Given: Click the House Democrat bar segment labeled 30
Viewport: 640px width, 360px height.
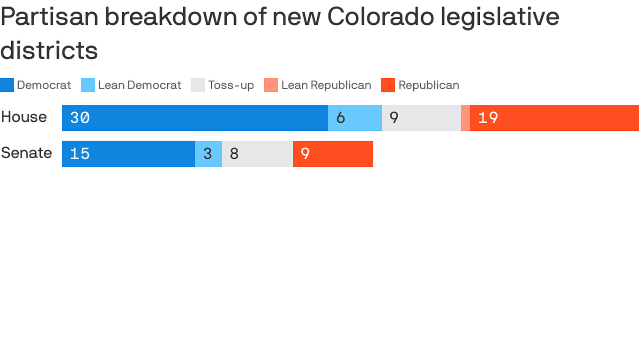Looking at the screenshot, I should click(194, 118).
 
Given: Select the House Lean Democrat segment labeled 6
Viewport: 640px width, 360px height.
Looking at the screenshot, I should click(355, 118).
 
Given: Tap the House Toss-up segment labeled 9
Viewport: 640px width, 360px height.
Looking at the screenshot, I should click(421, 118).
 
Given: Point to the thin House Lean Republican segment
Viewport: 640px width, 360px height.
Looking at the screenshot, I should click(465, 118).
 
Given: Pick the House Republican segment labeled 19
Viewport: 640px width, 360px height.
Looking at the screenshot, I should click(554, 118).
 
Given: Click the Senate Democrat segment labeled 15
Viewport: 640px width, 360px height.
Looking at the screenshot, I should click(128, 154).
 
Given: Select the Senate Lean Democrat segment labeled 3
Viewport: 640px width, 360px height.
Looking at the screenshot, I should click(208, 154).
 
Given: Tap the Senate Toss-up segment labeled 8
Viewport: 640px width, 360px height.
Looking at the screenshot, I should click(257, 154).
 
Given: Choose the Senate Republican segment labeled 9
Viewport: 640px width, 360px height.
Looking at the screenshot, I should click(333, 154).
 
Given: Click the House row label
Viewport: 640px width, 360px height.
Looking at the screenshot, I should click(24, 117).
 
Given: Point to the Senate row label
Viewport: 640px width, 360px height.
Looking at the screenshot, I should click(26, 153).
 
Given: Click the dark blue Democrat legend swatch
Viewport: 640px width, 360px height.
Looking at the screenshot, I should click(7, 85).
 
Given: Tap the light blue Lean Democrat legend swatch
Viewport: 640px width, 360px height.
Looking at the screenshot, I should click(88, 85).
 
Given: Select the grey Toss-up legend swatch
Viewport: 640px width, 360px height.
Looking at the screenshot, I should click(198, 85).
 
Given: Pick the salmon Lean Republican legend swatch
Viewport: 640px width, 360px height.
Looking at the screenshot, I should click(271, 85).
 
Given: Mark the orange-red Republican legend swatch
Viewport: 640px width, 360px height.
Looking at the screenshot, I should click(388, 85).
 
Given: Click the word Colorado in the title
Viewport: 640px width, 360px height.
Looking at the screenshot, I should click(380, 17).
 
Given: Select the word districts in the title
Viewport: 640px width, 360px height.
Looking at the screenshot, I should click(49, 50).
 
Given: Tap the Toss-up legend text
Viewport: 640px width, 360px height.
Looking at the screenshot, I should click(231, 85).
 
